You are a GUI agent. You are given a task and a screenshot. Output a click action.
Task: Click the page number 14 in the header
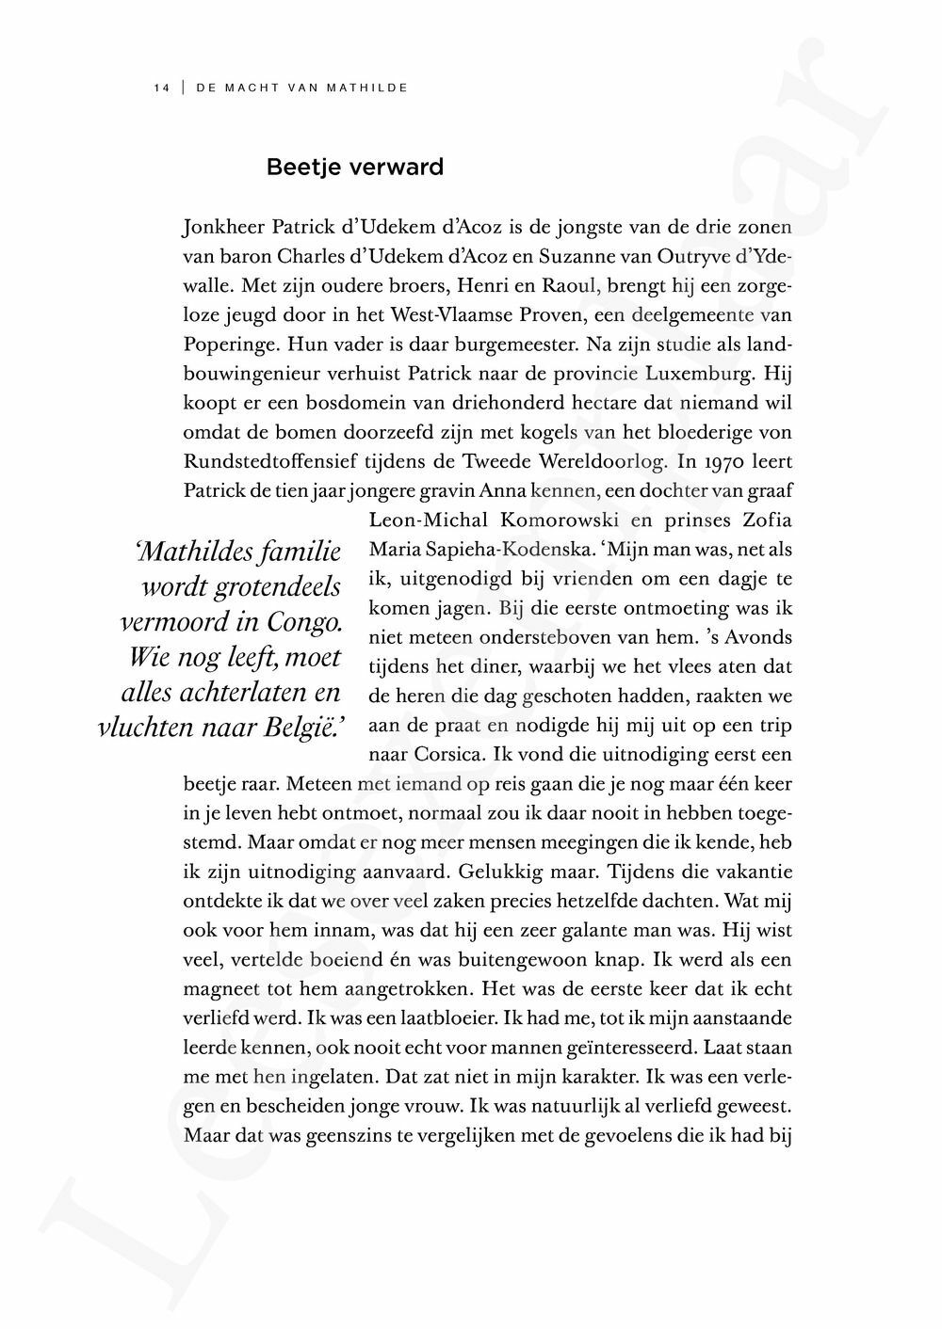(160, 88)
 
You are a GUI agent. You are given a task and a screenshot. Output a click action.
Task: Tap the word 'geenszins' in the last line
(346, 1134)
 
